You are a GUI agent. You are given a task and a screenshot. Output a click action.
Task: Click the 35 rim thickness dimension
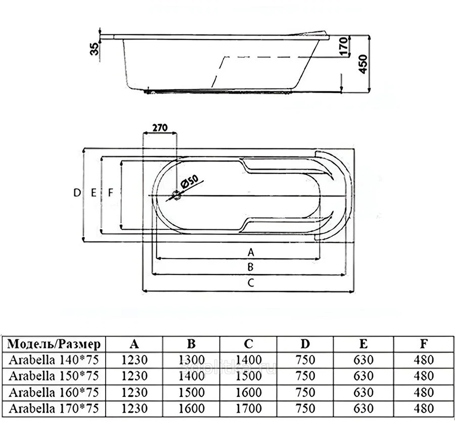(95, 49)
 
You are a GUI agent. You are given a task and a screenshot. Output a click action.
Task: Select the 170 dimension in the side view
(343, 46)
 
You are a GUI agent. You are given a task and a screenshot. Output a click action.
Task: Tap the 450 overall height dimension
(363, 64)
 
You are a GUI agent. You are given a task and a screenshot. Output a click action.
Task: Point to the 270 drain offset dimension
(160, 128)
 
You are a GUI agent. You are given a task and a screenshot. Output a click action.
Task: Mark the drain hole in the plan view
(176, 195)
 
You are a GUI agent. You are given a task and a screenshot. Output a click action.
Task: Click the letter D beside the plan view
(77, 192)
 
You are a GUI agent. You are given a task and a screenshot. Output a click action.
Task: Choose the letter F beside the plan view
(110, 192)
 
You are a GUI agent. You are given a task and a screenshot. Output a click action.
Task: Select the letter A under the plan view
(251, 252)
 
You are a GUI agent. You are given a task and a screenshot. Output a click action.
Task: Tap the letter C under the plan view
(251, 283)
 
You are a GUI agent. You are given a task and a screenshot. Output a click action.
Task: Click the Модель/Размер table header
(54, 344)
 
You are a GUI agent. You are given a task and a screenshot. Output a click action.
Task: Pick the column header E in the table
(363, 344)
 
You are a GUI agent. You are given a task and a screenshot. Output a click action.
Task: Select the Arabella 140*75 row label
(54, 360)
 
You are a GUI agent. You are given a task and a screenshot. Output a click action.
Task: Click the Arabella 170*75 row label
(54, 409)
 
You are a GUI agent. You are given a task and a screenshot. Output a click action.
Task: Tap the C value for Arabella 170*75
(249, 409)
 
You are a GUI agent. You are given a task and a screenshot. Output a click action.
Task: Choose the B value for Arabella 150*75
(192, 376)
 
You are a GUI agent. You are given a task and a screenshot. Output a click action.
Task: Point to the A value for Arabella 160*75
(134, 392)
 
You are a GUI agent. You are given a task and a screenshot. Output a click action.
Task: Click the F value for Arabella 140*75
(424, 360)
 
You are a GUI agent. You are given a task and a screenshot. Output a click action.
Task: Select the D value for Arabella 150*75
(305, 376)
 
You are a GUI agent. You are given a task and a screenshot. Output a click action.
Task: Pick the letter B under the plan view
(250, 267)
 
